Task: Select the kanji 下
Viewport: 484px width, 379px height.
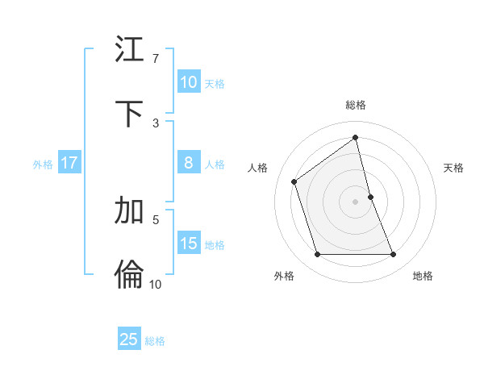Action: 129,114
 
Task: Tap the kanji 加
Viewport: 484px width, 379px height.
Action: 129,210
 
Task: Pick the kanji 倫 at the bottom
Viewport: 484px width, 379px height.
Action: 129,275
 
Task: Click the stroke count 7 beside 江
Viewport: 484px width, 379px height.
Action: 156,58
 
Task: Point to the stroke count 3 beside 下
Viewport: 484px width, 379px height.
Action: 156,123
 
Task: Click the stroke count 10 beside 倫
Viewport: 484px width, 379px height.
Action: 156,284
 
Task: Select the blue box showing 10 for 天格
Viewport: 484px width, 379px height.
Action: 189,81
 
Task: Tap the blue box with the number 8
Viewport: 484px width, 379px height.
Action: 189,163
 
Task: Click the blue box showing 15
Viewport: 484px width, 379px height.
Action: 189,244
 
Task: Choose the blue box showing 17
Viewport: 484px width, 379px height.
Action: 69,163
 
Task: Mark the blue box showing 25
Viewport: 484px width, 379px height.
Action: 129,339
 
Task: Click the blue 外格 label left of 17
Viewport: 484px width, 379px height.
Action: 43,165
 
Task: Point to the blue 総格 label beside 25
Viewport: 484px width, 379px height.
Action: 155,341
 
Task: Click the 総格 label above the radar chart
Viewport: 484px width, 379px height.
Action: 356,105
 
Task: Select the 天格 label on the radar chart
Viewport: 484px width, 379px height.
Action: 454,168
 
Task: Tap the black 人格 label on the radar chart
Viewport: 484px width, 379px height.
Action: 258,168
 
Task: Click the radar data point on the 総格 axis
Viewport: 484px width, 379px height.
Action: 356,138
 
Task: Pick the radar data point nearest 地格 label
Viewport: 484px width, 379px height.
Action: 394,255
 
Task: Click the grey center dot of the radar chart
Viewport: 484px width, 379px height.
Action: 356,201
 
